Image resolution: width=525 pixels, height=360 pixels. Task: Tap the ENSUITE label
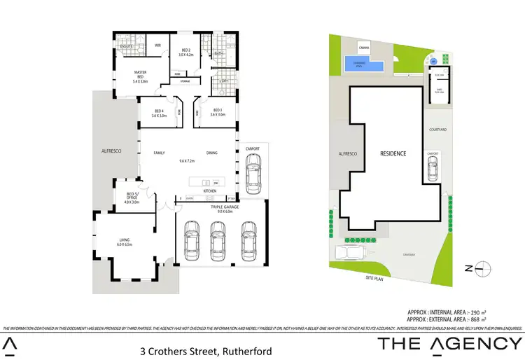[x=127, y=47]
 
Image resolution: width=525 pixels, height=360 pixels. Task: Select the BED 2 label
[x=185, y=50]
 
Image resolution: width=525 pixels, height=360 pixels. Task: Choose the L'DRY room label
[x=224, y=81]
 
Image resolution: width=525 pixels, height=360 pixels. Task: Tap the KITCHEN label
[x=209, y=191]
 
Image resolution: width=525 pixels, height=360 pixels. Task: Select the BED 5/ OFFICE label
[x=132, y=198]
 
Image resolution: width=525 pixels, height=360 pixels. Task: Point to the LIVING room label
[x=125, y=242]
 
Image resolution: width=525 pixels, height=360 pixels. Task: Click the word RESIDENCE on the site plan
[x=393, y=153]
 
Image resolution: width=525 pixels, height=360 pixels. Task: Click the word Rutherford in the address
[x=241, y=350]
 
